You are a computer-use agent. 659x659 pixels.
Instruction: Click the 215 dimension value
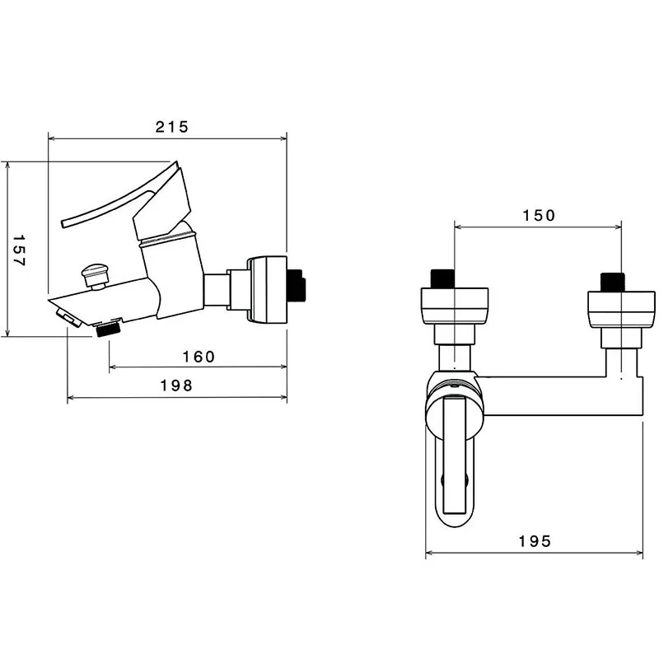(172, 127)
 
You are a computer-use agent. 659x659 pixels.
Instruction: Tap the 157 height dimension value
(19, 250)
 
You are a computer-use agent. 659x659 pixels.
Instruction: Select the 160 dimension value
(199, 357)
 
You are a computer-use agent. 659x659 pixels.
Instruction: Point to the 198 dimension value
(176, 386)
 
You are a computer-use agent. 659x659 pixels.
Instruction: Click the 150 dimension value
(539, 216)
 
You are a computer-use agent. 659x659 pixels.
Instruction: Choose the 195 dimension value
(535, 541)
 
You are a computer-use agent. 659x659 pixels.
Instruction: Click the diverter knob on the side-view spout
(95, 275)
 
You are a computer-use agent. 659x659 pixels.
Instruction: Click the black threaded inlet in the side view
(297, 286)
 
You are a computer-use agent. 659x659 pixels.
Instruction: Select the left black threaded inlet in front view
(443, 278)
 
